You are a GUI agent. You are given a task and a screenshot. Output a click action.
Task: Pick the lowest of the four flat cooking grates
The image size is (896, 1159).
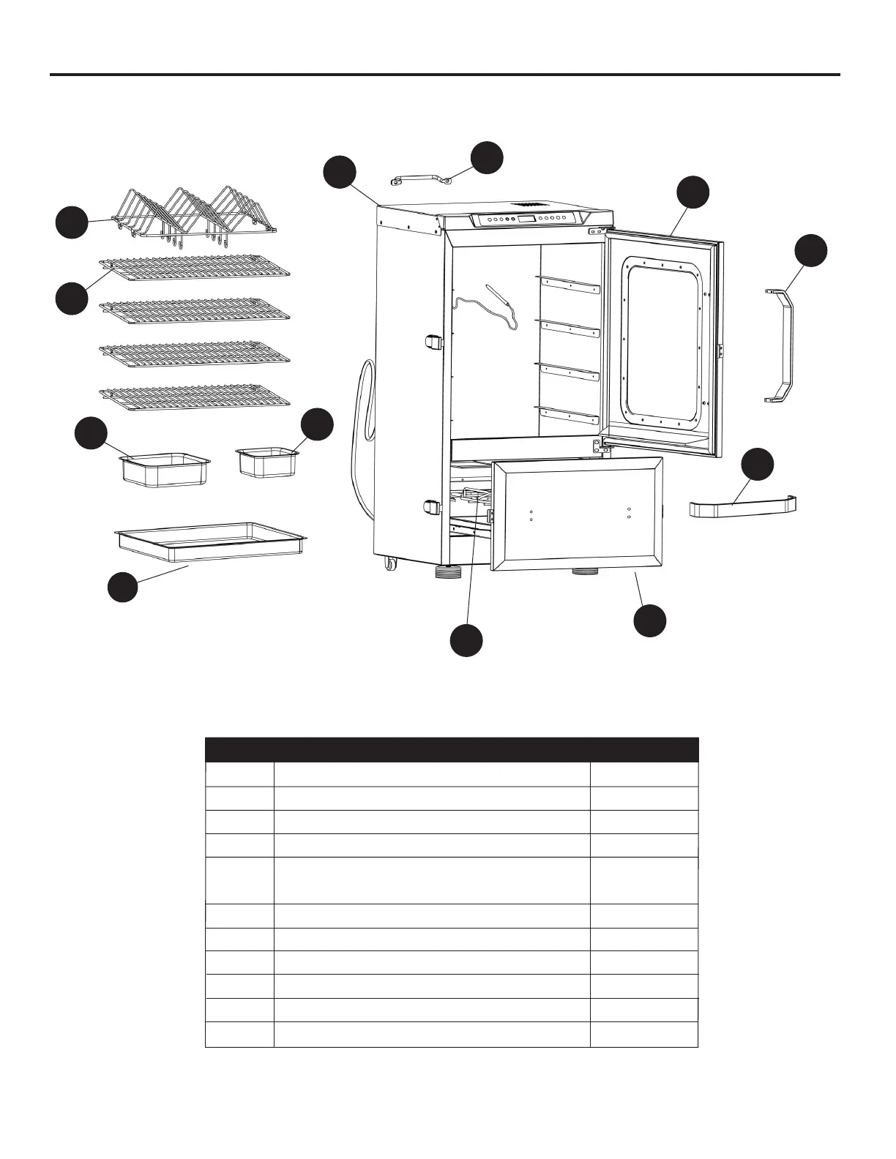pos(195,396)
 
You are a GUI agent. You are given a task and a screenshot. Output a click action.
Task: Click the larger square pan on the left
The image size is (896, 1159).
pos(165,468)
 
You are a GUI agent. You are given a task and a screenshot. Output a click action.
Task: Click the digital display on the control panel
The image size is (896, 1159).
pos(526,219)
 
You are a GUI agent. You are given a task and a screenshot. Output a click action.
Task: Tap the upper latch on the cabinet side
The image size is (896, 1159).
pos(433,342)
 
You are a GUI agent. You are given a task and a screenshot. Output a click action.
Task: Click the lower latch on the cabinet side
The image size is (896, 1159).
pos(432,506)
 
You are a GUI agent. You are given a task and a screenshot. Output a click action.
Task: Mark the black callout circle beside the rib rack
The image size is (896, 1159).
pos(72,222)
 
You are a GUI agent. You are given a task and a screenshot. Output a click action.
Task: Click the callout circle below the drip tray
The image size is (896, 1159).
pos(123,587)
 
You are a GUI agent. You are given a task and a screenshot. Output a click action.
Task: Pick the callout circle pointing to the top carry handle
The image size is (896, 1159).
pos(487,158)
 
